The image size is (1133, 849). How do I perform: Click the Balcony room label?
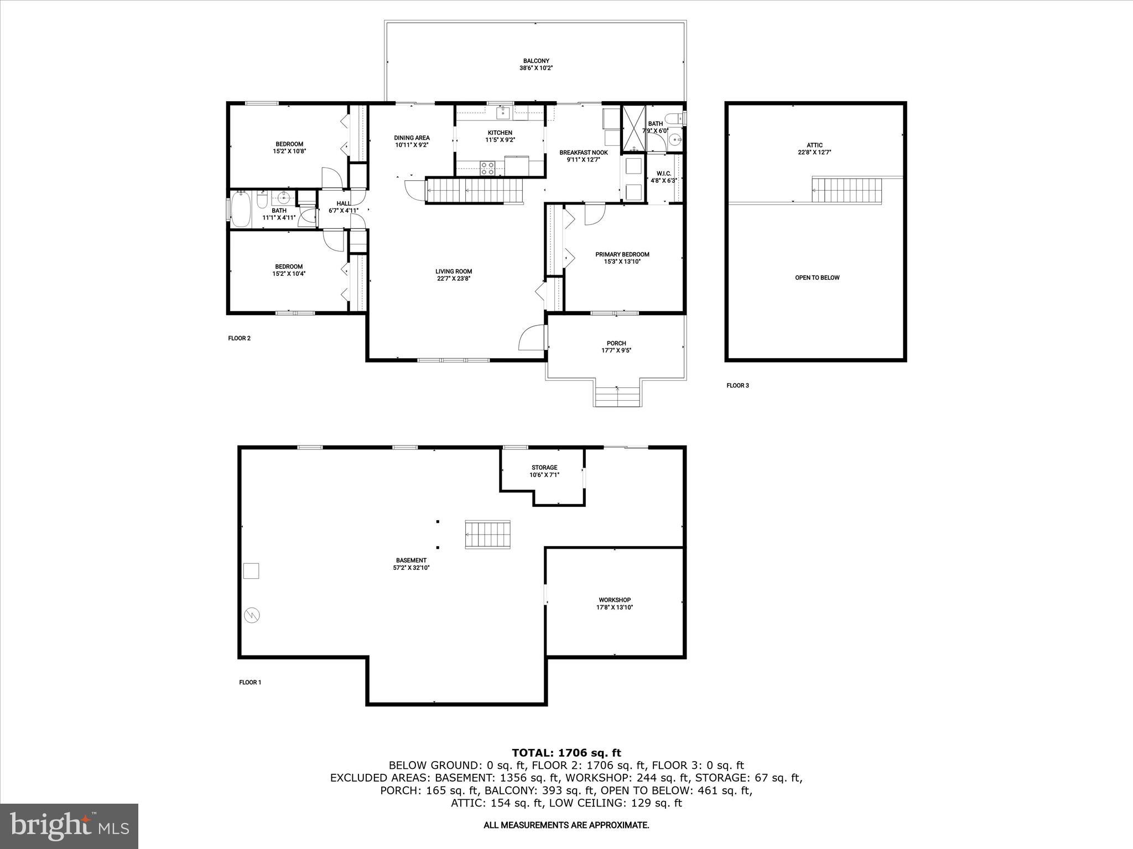536,61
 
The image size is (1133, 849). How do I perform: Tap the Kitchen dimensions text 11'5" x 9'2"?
500,140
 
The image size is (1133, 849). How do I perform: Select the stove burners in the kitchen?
487,168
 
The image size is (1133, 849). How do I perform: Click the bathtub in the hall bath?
241,208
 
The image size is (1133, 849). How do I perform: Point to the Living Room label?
453,271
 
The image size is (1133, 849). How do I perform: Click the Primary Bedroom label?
622,254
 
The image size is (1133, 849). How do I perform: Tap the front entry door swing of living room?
532,338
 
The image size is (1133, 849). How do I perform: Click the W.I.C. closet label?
663,174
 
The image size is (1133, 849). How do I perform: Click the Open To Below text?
817,277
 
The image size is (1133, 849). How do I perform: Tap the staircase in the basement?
487,534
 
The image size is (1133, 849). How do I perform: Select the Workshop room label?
614,600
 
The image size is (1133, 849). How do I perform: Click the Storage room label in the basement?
544,468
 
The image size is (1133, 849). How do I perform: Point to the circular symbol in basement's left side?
251,615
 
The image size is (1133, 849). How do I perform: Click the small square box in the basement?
251,570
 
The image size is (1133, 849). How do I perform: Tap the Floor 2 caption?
239,338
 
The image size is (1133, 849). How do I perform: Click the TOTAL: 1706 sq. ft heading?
566,753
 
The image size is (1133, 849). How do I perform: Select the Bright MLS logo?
69,826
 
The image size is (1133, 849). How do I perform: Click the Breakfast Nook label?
583,153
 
